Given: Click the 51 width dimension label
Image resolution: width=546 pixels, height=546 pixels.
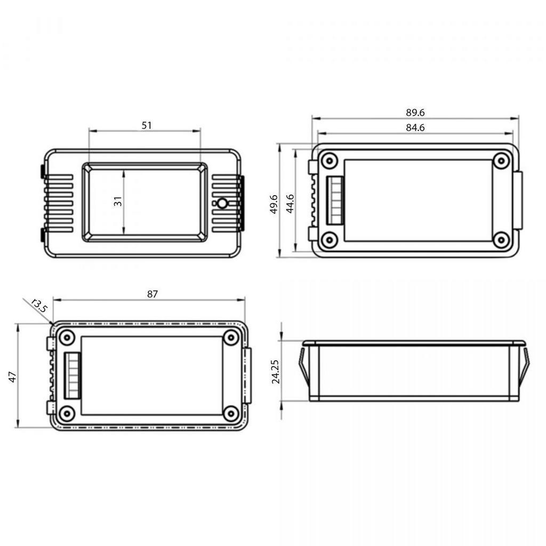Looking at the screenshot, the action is (147, 125).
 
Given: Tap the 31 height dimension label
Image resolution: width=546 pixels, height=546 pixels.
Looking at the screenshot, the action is (118, 201).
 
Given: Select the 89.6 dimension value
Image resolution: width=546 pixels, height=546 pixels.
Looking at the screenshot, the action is (415, 113).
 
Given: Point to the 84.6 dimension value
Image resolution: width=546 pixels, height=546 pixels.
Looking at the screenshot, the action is (415, 128).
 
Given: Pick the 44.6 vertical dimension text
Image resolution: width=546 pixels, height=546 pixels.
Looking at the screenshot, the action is (290, 204).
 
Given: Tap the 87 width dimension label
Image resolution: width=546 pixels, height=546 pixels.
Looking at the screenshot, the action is (152, 294).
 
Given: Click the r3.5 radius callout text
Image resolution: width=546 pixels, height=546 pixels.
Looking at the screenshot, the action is (39, 306).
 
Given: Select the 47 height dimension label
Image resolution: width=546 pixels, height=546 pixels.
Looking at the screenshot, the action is (12, 377).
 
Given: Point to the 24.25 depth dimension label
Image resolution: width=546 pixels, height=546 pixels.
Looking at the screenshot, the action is (276, 372).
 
